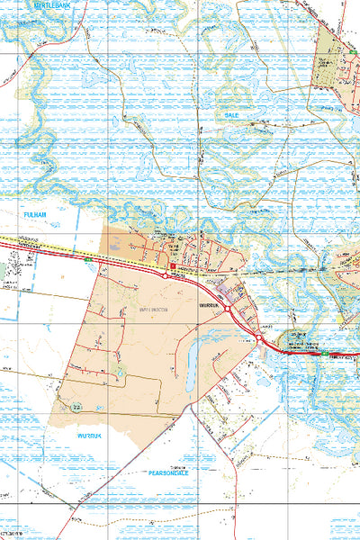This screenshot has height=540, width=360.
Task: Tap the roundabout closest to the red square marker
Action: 166,277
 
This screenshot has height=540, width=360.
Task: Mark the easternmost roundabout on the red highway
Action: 258,337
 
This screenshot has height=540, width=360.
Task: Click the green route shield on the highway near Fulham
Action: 86,260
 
